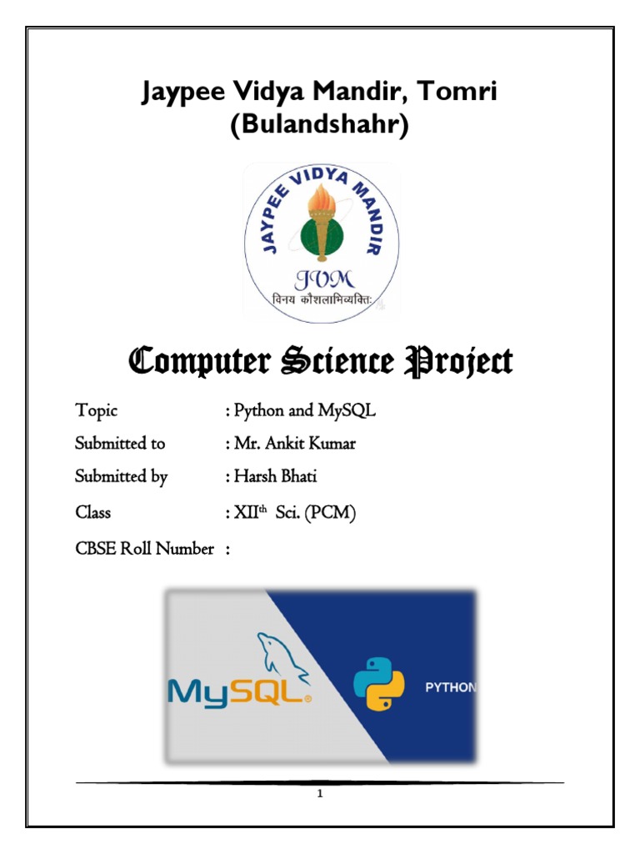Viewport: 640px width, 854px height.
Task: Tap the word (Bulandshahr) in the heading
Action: pyautogui.click(x=319, y=127)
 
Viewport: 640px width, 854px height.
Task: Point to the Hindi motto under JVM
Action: pyautogui.click(x=321, y=300)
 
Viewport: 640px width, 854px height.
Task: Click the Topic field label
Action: pyautogui.click(x=97, y=410)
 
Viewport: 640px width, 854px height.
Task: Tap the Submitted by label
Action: pyautogui.click(x=122, y=477)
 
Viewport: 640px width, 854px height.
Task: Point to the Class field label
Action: pyautogui.click(x=93, y=513)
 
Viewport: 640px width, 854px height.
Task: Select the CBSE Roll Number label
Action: pyautogui.click(x=144, y=549)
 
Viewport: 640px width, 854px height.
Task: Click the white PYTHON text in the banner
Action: pyautogui.click(x=451, y=688)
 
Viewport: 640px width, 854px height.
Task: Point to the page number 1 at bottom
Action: pyautogui.click(x=320, y=793)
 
